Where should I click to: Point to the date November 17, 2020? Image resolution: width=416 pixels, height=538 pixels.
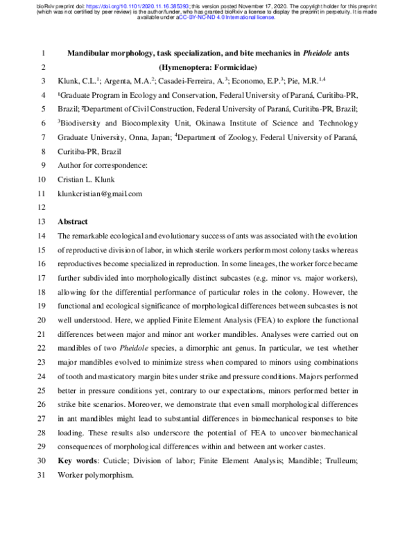(302, 4)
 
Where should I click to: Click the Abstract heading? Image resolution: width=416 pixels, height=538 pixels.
(73, 221)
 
